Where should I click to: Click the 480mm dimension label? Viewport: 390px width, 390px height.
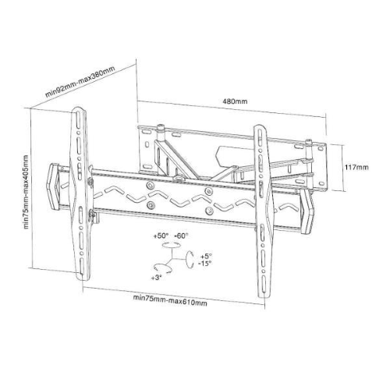235,101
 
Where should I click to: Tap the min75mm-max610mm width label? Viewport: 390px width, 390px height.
169,297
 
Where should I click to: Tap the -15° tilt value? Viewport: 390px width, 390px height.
205,263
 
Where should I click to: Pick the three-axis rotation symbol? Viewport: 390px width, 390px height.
173,257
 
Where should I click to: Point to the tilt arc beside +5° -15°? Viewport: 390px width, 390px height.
190,260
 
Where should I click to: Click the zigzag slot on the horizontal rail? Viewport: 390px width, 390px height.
179,199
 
